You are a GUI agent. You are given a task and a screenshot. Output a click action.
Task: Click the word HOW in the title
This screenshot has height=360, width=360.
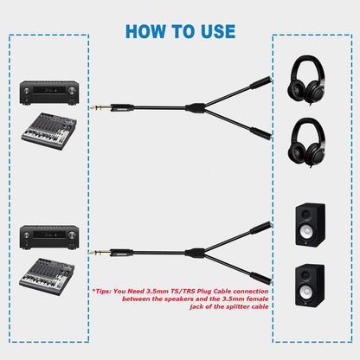(x=146, y=31)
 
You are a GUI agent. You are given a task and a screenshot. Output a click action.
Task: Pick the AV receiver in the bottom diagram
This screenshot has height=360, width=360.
(x=48, y=235)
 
